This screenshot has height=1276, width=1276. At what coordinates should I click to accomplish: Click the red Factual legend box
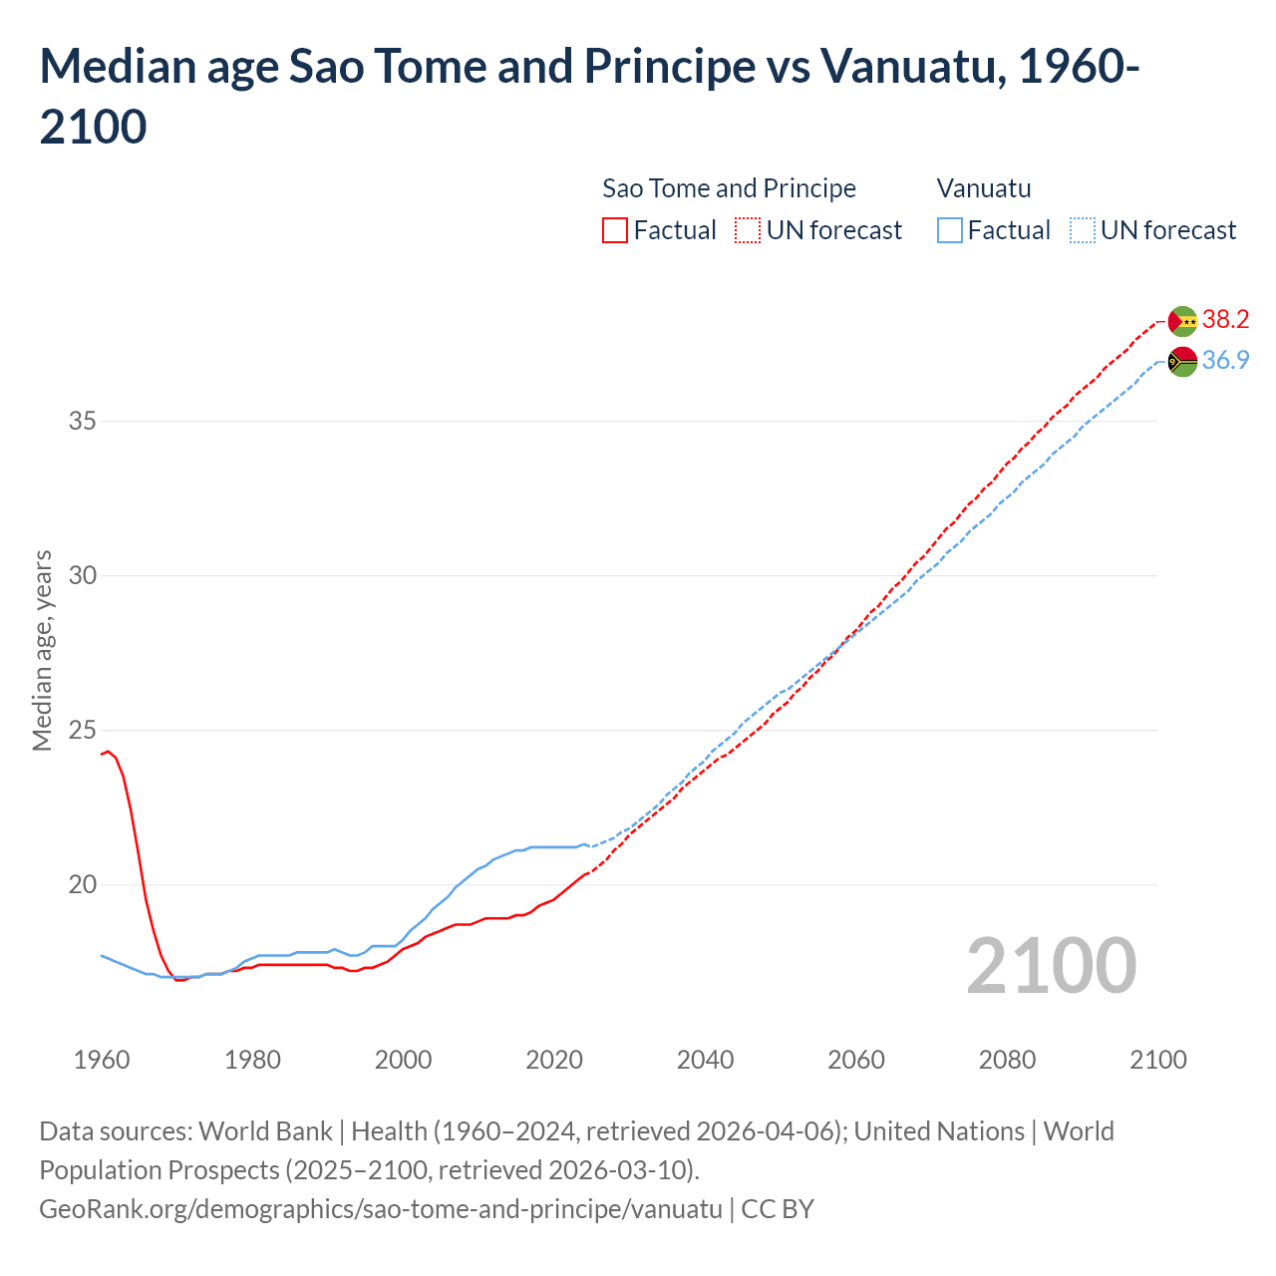(x=615, y=230)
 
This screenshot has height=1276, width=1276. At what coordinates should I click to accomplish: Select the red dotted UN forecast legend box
(x=748, y=230)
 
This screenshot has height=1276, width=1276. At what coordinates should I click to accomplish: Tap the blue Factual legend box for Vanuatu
(x=950, y=230)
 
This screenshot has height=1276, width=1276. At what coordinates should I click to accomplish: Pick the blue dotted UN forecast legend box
(x=1082, y=230)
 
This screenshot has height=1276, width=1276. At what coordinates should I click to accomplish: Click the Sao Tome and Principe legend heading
(x=729, y=188)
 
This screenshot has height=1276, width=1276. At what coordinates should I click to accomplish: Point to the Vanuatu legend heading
(x=984, y=188)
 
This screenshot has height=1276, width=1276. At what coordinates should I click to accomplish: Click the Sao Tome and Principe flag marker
(x=1182, y=321)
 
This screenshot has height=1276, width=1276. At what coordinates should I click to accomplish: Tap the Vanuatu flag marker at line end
(x=1182, y=362)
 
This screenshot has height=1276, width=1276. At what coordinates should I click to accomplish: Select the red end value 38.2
(x=1225, y=319)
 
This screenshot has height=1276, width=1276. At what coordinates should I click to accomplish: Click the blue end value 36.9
(x=1225, y=360)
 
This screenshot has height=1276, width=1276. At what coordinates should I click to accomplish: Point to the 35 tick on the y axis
(x=83, y=421)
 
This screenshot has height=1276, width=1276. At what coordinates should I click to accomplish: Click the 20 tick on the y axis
(x=83, y=884)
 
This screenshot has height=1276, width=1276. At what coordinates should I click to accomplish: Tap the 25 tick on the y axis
(x=83, y=730)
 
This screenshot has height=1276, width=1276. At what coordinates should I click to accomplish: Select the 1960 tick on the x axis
(x=102, y=1060)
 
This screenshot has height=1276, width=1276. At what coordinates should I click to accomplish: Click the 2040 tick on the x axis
(x=705, y=1060)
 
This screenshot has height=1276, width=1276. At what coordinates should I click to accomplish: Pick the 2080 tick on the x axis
(x=1007, y=1060)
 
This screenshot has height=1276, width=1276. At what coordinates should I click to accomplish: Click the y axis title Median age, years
(x=42, y=650)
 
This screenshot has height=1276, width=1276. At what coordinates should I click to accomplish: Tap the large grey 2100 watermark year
(x=1051, y=965)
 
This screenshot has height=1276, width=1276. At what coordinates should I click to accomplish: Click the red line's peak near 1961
(x=109, y=751)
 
